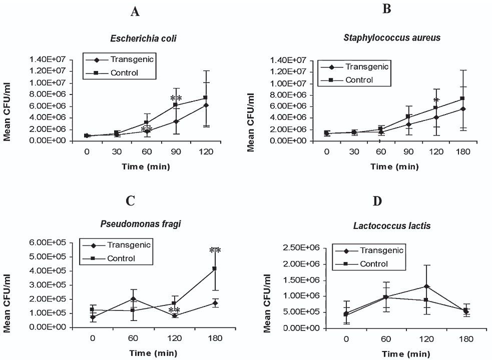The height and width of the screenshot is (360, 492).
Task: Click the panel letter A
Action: coord(135,12)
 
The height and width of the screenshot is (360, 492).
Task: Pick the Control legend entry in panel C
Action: coord(123,258)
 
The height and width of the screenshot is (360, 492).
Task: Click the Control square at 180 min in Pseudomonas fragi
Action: coord(215,268)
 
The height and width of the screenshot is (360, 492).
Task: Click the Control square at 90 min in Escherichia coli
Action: coord(175,104)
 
